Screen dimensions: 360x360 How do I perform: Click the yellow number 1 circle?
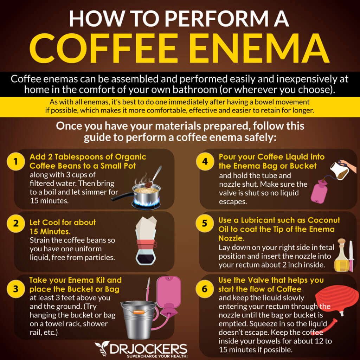pyautogui.click(x=15, y=161)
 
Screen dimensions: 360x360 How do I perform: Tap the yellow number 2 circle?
pyautogui.click(x=15, y=223)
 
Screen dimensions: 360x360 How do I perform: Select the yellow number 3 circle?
pyautogui.click(x=15, y=289)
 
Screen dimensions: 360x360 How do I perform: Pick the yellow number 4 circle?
pyautogui.click(x=205, y=161)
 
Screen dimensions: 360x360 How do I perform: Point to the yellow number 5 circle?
pyautogui.click(x=205, y=223)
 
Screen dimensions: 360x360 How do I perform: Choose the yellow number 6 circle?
pyautogui.click(x=205, y=289)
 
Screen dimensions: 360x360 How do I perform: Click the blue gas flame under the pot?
pyautogui.click(x=146, y=203)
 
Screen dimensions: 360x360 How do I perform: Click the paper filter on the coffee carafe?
pyautogui.click(x=146, y=228)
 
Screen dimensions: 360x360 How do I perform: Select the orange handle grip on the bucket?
pyautogui.click(x=139, y=312)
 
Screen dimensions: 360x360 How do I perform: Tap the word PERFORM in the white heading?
pyautogui.click(x=216, y=19)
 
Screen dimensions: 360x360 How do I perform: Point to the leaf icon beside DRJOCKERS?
pyautogui.click(x=102, y=348)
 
